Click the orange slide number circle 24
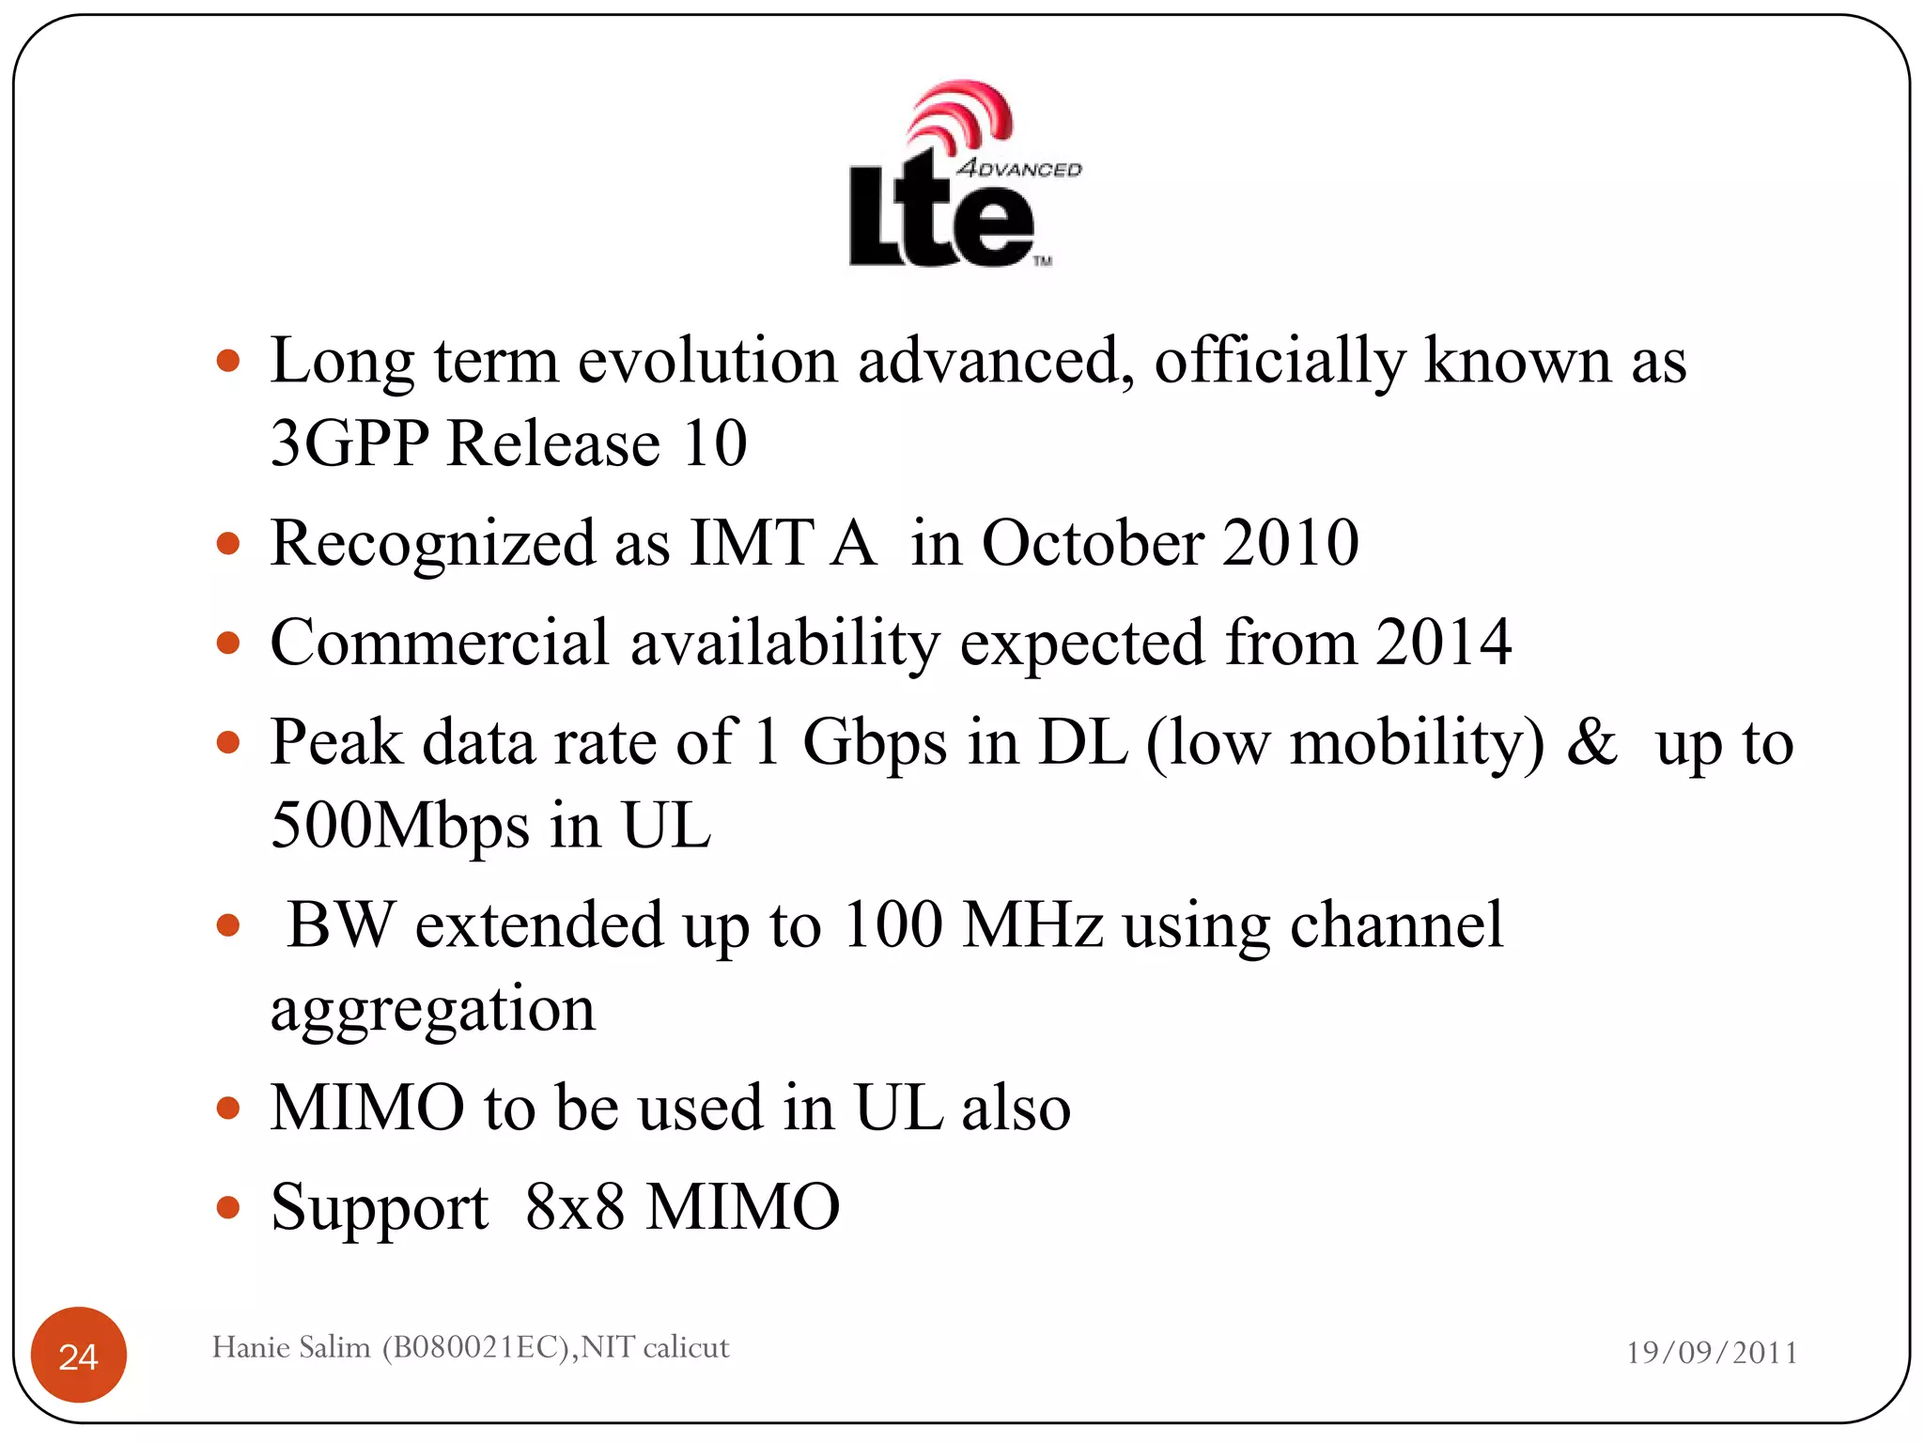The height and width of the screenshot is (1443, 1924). [x=79, y=1355]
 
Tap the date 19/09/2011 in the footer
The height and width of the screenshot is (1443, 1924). [x=1712, y=1353]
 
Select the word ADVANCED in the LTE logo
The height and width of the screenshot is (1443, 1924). [x=1019, y=169]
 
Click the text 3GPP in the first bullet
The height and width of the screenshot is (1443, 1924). [x=349, y=442]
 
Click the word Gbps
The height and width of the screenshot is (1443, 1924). [x=875, y=742]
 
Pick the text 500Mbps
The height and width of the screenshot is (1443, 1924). [x=400, y=825]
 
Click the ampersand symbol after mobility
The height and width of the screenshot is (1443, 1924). [x=1591, y=742]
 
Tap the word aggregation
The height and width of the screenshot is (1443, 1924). [x=433, y=1009]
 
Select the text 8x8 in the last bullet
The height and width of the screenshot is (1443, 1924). [x=575, y=1206]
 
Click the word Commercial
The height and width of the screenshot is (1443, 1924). [x=440, y=643]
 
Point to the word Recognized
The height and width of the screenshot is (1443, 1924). [x=432, y=545]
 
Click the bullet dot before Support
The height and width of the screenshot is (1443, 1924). [x=228, y=1207]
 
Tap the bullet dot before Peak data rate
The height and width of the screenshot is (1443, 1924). [x=228, y=743]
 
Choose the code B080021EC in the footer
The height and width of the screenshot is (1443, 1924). [x=475, y=1347]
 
